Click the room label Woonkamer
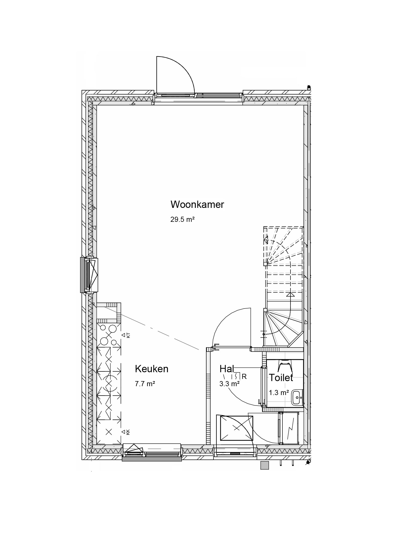[197, 205]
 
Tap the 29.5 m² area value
[182, 220]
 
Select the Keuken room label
[152, 369]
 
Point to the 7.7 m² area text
[145, 384]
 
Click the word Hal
[227, 369]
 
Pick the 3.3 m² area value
[230, 384]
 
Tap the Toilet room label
[281, 378]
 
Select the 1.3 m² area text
[279, 393]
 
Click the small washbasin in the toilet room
[297, 397]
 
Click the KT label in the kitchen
[128, 335]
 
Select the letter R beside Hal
[244, 377]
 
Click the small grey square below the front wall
[265, 465]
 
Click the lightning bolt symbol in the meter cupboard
[290, 431]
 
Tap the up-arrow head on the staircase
[290, 295]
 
